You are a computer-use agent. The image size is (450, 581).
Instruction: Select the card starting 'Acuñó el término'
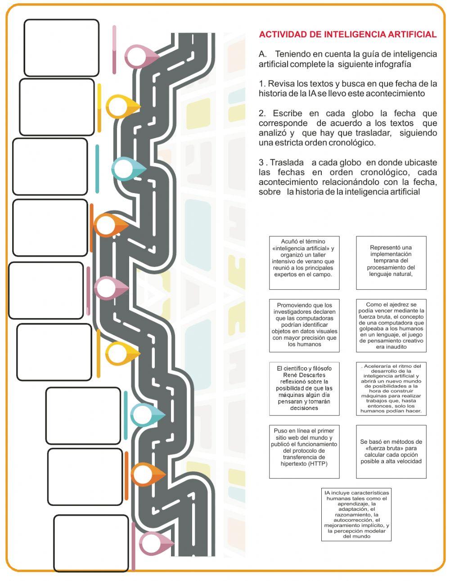(304, 262)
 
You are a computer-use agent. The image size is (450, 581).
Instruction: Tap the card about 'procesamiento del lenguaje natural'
(391, 262)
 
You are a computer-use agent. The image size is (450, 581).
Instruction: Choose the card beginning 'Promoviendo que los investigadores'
(304, 325)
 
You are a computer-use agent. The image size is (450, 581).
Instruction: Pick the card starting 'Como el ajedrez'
(391, 325)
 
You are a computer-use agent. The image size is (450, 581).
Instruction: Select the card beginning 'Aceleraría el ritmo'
(391, 388)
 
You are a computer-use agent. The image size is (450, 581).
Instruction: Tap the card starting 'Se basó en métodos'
(391, 451)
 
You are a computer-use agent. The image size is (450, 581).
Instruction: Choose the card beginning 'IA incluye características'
(356, 514)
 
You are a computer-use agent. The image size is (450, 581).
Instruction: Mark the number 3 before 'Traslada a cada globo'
(261, 162)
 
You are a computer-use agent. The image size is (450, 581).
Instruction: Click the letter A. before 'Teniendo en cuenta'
(263, 54)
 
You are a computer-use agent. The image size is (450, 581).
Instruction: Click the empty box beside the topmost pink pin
(61, 48)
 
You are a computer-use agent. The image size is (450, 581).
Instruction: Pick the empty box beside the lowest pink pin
(91, 543)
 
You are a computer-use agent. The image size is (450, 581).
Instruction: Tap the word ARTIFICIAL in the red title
(413, 35)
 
